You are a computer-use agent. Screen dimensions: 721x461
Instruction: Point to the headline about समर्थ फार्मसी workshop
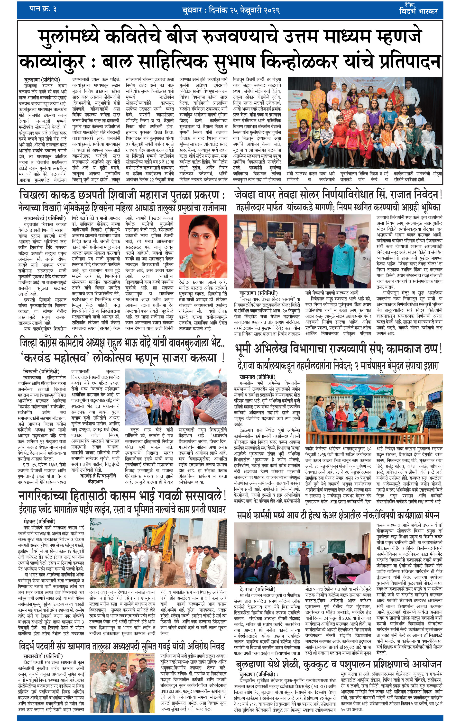[x=338, y=515]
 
